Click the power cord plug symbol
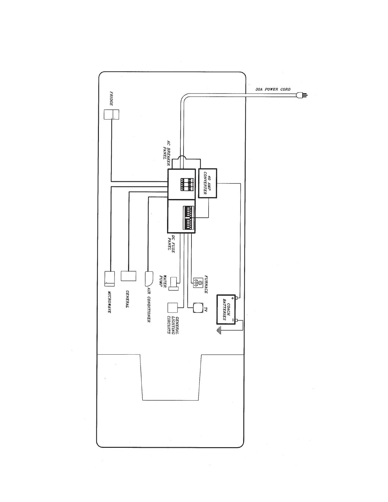[x=301, y=94]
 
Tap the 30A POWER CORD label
[x=273, y=89]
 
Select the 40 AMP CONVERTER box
[x=208, y=183]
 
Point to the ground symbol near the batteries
[x=218, y=331]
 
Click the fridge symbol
[x=112, y=114]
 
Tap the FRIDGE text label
[x=112, y=99]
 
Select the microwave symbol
[x=110, y=279]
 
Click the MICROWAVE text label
[x=109, y=302]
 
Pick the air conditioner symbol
[x=149, y=278]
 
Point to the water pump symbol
[x=173, y=283]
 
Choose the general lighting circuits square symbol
[x=173, y=308]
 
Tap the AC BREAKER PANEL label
[x=167, y=153]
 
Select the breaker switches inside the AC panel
[x=187, y=185]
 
